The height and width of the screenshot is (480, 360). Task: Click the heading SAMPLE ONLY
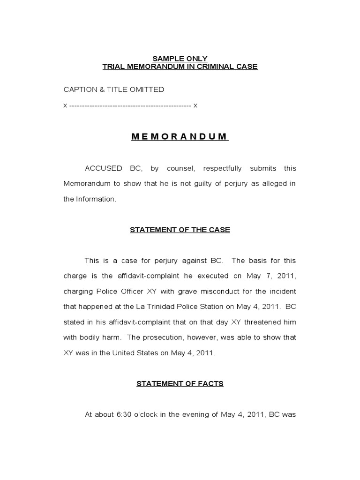pos(180,59)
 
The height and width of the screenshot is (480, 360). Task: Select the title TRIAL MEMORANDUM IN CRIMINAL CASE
pos(180,67)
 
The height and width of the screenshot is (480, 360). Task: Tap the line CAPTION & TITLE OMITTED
pos(114,89)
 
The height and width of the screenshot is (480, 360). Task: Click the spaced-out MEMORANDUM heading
pos(180,137)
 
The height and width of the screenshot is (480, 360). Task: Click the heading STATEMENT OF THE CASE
pos(180,230)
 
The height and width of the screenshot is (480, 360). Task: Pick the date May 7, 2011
pos(276,276)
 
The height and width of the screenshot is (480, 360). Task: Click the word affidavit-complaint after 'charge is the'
pos(158,276)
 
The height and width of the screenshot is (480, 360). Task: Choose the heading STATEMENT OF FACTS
pos(180,383)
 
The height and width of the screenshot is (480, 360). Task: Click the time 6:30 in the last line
pos(118,414)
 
